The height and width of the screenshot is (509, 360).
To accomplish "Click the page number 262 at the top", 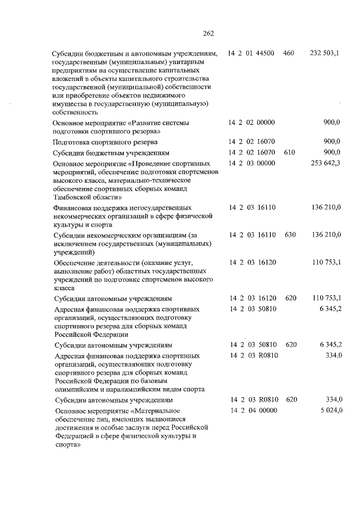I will [208, 33].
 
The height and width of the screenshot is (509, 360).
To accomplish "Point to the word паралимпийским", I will [141, 389].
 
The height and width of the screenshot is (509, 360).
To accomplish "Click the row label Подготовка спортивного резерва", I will [105, 142].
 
